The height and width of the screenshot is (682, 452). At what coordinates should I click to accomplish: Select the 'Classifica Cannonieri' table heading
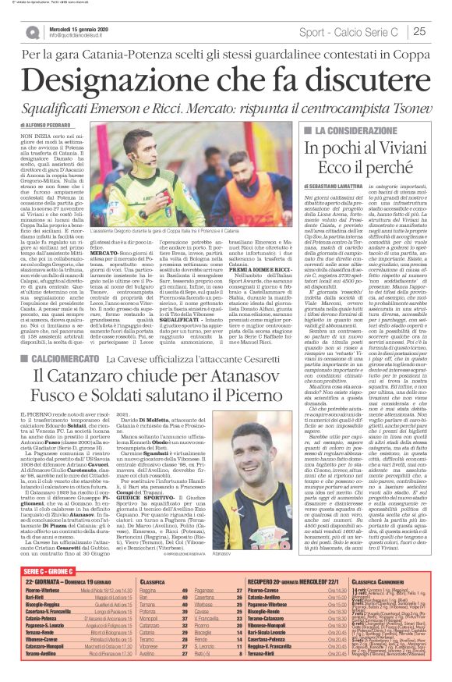coord(387,581)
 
